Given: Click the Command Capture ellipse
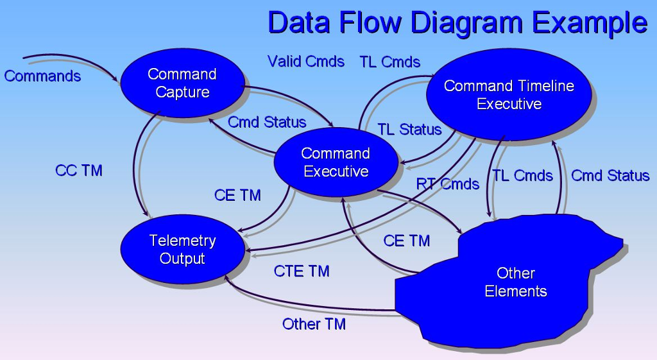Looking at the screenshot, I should pyautogui.click(x=182, y=83).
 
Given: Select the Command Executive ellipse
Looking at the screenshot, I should pyautogui.click(x=336, y=162).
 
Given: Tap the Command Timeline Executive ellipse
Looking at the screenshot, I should pyautogui.click(x=509, y=94).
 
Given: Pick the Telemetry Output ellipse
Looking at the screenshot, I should pyautogui.click(x=182, y=250).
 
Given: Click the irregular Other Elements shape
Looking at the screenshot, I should pyautogui.click(x=513, y=282).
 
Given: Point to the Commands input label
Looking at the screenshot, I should pyautogui.click(x=42, y=76).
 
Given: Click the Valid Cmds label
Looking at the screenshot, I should pyautogui.click(x=306, y=62).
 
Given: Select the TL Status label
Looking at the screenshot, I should pyautogui.click(x=409, y=130).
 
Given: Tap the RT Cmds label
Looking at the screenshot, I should pyautogui.click(x=448, y=185).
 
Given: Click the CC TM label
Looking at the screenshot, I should pyautogui.click(x=79, y=171).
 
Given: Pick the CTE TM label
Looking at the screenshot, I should pyautogui.click(x=302, y=271).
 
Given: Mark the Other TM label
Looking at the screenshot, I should pyautogui.click(x=314, y=324).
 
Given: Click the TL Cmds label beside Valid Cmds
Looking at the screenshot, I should pyautogui.click(x=390, y=62).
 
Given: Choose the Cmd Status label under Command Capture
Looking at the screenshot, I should pyautogui.click(x=267, y=122).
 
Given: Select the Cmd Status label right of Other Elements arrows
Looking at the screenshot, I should pyautogui.click(x=610, y=176).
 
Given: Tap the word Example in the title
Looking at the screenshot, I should pyautogui.click(x=589, y=22).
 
